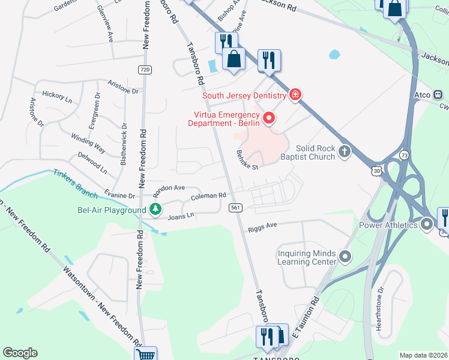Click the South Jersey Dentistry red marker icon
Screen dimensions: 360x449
[x=295, y=95]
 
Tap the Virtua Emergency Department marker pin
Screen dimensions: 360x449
[x=270, y=118]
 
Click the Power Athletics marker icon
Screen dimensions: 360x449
[x=427, y=225]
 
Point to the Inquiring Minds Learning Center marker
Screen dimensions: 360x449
[x=345, y=257]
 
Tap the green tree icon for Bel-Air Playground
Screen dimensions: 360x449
[x=155, y=209]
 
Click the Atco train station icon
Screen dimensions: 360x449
[x=438, y=94]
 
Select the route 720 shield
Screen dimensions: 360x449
[x=144, y=70]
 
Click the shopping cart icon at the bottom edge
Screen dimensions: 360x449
[x=145, y=355]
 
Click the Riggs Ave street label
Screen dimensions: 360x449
[x=262, y=227]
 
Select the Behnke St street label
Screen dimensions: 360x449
[x=247, y=160]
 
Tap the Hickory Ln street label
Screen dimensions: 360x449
[x=57, y=95]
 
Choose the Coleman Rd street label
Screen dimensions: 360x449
[x=208, y=196]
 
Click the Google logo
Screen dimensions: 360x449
[x=20, y=352]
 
